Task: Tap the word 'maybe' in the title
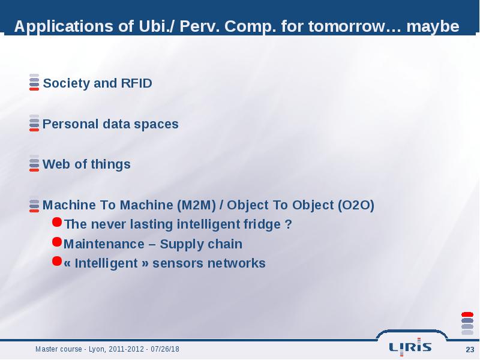[433, 26]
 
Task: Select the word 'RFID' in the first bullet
[137, 83]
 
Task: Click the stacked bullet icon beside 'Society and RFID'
[34, 82]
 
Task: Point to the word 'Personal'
[70, 124]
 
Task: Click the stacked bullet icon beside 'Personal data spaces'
[34, 123]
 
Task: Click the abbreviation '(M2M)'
[197, 205]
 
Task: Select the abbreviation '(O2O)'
[356, 205]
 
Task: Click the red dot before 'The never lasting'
[57, 222]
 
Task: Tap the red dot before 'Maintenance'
[57, 242]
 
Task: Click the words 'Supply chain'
[201, 244]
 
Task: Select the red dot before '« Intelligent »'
[57, 261]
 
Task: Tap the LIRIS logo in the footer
[410, 347]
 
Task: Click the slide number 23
[470, 349]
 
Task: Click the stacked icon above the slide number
[467, 323]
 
